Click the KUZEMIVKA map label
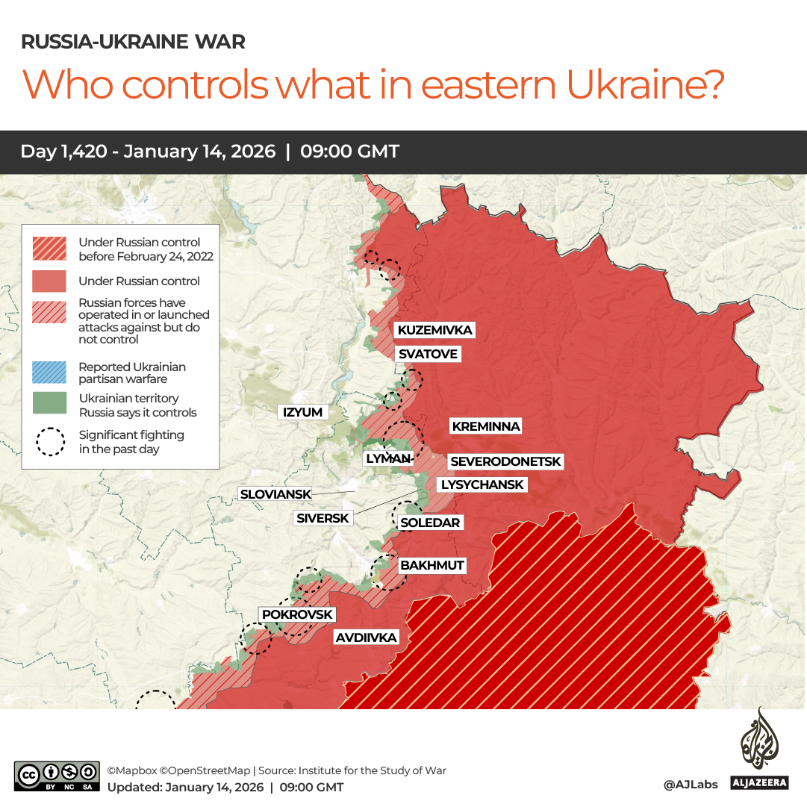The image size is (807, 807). [434, 330]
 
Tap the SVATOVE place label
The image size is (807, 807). [427, 354]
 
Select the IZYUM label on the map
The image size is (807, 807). [302, 412]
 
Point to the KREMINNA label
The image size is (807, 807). [485, 426]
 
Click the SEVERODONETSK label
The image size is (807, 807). [505, 462]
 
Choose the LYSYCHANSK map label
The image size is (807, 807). [482, 484]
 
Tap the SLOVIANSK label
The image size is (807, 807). [275, 494]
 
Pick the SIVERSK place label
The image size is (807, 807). [323, 518]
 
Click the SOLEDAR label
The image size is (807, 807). [430, 523]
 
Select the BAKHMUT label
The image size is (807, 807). [432, 565]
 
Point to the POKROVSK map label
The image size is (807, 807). [297, 614]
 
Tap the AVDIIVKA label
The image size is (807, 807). [366, 638]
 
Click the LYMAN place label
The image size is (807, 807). [388, 459]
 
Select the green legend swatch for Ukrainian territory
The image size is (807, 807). [49, 404]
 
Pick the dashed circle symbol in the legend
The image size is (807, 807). [51, 441]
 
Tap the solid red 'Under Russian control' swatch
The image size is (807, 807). [49, 281]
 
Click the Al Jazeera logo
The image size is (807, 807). [759, 750]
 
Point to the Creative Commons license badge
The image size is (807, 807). [57, 776]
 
